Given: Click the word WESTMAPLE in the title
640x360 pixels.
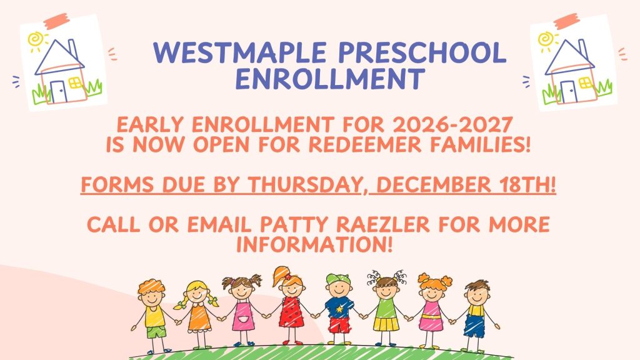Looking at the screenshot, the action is pyautogui.click(x=239, y=52).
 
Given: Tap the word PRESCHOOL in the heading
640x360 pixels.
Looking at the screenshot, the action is pyautogui.click(x=422, y=52).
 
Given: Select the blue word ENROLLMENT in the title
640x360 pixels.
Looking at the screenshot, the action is pyautogui.click(x=331, y=79).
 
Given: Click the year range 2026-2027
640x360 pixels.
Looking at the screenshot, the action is pyautogui.click(x=452, y=125).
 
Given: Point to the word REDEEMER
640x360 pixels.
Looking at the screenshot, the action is pyautogui.click(x=364, y=145).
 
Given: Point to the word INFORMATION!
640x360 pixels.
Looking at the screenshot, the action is pyautogui.click(x=314, y=244).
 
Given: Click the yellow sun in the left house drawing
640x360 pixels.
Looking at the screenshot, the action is pyautogui.click(x=36, y=40).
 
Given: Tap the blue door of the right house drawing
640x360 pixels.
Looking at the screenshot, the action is pyautogui.click(x=569, y=92).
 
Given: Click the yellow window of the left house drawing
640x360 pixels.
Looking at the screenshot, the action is pyautogui.click(x=75, y=83).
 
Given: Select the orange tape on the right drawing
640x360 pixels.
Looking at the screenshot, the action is pyautogui.click(x=566, y=21).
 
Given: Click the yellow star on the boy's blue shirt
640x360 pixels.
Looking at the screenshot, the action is pyautogui.click(x=339, y=309).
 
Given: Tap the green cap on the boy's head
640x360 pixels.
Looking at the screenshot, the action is pyautogui.click(x=338, y=279).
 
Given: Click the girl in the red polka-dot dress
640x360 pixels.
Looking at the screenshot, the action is pyautogui.click(x=291, y=306).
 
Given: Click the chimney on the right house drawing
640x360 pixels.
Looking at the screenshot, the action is pyautogui.click(x=582, y=49).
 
